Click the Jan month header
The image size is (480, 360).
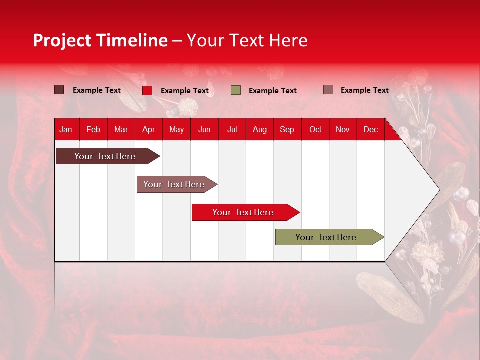click(66, 129)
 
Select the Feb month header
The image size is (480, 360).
click(93, 129)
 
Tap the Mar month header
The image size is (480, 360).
click(121, 129)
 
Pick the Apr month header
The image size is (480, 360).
click(149, 129)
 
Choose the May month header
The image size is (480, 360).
click(176, 129)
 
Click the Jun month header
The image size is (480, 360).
click(204, 129)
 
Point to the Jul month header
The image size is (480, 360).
click(232, 129)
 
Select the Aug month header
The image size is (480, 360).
click(260, 129)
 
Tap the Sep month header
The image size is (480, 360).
click(287, 129)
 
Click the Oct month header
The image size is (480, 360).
click(315, 129)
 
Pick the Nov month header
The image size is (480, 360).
click(343, 129)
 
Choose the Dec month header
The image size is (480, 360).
click(371, 129)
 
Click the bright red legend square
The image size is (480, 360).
click(147, 90)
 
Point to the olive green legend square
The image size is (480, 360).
click(236, 90)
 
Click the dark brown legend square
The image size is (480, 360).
click(59, 90)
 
